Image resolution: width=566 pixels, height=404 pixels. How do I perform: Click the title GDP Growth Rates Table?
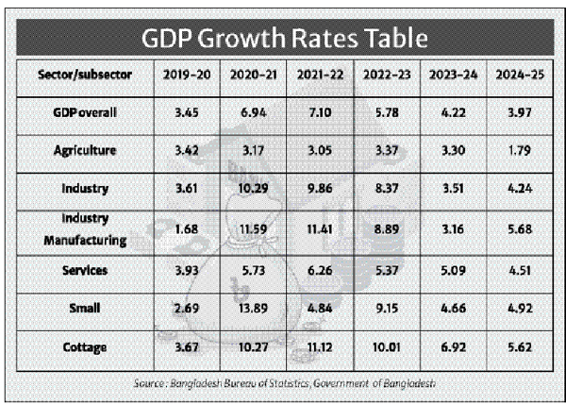283,39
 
